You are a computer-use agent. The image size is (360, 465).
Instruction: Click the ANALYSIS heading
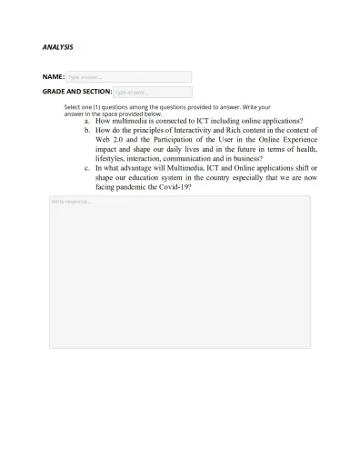pyautogui.click(x=57, y=46)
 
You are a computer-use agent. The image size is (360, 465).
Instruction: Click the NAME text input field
pyautogui.click(x=128, y=77)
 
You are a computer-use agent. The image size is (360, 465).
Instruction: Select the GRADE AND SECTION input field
pyautogui.click(x=152, y=93)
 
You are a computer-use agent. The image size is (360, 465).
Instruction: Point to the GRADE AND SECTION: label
pyautogui.click(x=76, y=93)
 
